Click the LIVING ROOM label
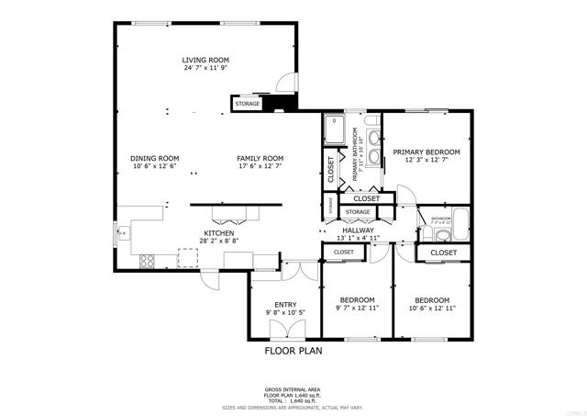tap(205, 60)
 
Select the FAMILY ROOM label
tap(260, 157)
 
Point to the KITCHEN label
tap(219, 233)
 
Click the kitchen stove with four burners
tap(145, 261)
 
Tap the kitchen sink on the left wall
tap(121, 232)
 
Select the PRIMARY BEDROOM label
tap(426, 152)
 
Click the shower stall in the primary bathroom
tap(336, 131)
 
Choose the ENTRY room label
tap(285, 305)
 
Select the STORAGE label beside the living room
tap(248, 104)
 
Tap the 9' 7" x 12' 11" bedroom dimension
tap(357, 309)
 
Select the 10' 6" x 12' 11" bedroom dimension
tap(431, 309)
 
